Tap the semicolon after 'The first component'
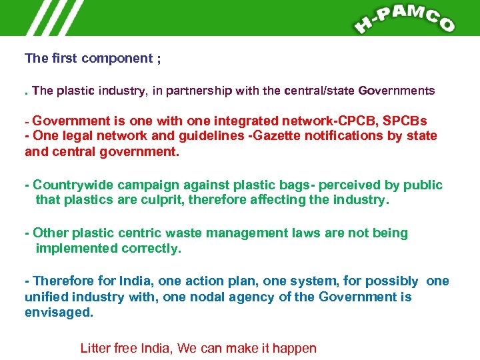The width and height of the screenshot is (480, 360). tap(158, 59)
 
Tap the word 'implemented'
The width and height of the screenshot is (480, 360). tap(77, 248)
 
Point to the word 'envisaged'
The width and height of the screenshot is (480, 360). tap(58, 312)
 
